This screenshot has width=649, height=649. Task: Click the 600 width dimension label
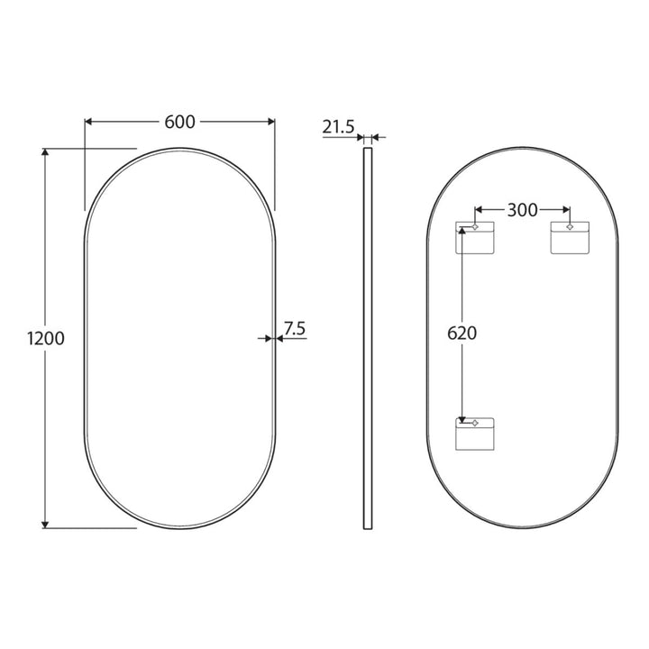[x=179, y=122]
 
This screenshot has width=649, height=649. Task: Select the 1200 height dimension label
[x=46, y=339]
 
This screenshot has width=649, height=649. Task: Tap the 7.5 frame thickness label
[x=295, y=329]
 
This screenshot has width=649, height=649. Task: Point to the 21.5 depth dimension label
[x=339, y=127]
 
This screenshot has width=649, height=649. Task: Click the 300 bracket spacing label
[x=522, y=210]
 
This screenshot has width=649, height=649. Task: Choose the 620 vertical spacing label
[x=462, y=334]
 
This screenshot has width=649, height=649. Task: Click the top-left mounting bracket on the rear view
[x=475, y=238]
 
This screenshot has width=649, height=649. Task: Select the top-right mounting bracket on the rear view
[x=570, y=238]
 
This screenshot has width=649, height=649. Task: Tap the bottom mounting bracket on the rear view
[x=475, y=434]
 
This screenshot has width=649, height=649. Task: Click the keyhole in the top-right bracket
[x=570, y=226]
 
